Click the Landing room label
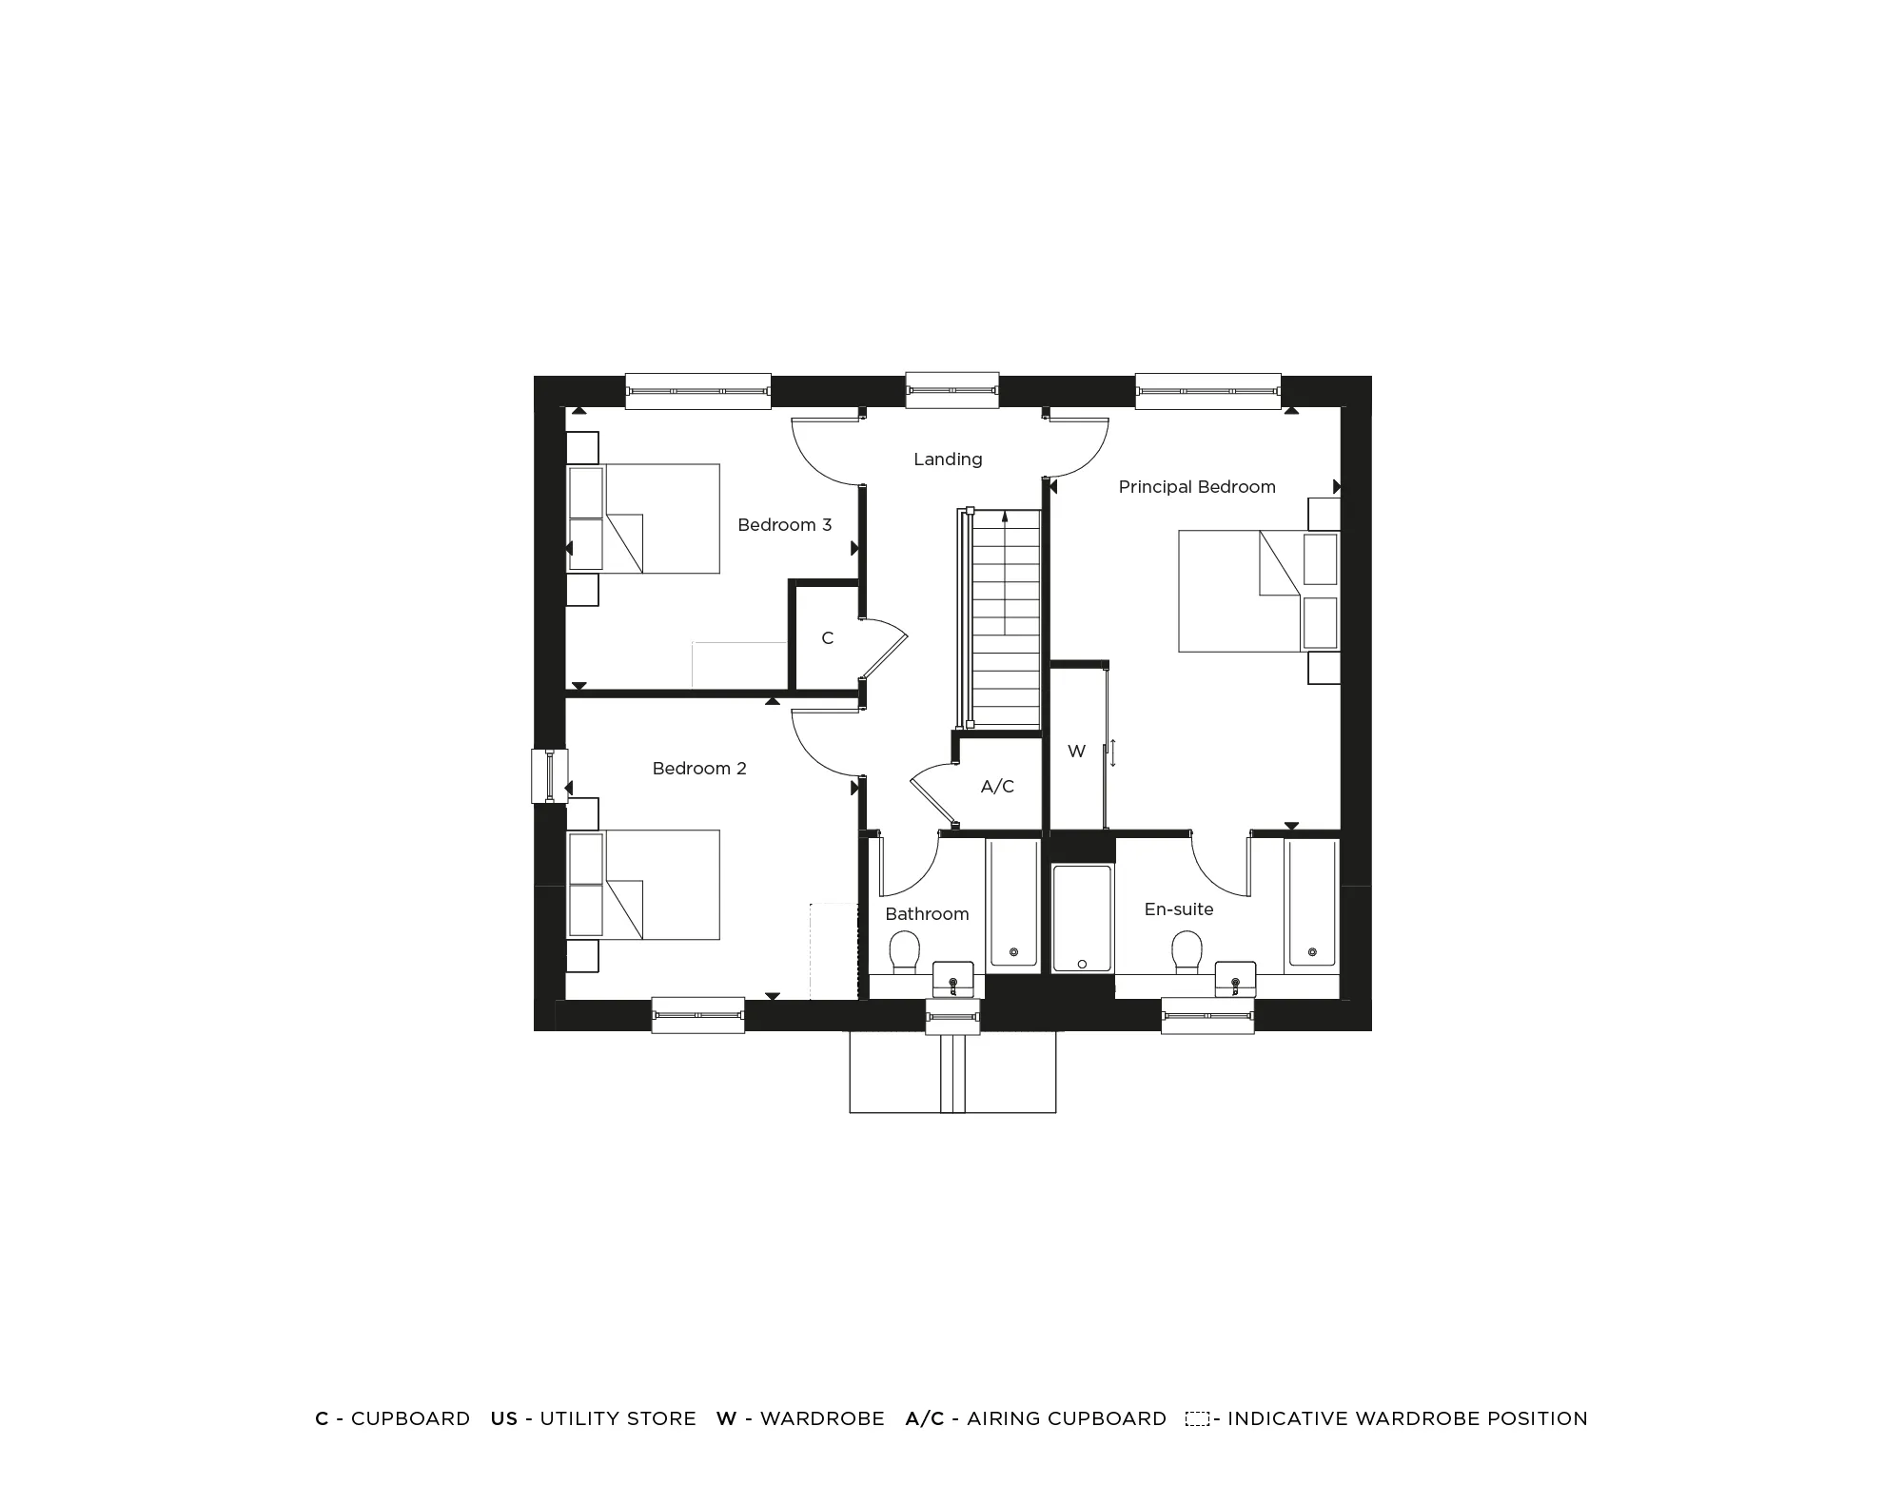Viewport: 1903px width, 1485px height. [x=948, y=459]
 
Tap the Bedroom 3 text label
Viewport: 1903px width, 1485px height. [x=784, y=525]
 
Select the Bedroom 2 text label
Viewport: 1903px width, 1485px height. [x=699, y=769]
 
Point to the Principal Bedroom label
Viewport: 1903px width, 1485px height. [x=1196, y=487]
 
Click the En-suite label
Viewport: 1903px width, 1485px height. [x=1178, y=909]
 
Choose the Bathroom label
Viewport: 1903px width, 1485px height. [x=927, y=914]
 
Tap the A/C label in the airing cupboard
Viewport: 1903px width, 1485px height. [x=997, y=787]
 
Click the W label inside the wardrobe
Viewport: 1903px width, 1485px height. [x=1076, y=752]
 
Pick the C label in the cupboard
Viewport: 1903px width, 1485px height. [x=827, y=638]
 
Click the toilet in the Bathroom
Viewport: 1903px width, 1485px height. [x=904, y=952]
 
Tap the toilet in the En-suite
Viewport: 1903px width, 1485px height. [x=1187, y=952]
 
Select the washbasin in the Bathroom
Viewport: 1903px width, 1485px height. [x=953, y=980]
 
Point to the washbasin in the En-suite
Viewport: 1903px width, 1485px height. [x=1235, y=980]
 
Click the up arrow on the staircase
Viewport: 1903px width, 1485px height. [x=1005, y=519]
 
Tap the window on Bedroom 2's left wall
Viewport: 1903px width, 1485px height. [x=549, y=776]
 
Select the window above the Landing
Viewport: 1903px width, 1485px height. [x=951, y=390]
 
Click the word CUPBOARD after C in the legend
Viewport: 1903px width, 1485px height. [x=410, y=1418]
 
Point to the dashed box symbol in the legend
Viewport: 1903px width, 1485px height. [x=1197, y=1419]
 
